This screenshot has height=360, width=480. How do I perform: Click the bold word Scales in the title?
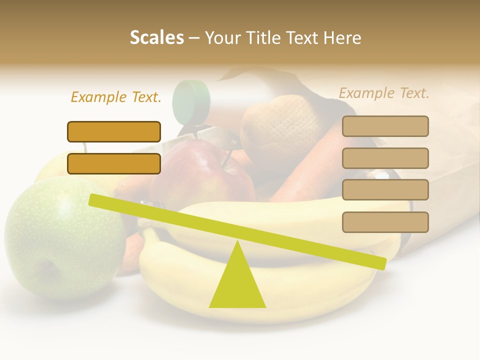tap(156, 38)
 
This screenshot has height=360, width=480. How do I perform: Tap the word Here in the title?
tap(343, 38)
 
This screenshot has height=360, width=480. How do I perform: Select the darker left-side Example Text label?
tap(116, 97)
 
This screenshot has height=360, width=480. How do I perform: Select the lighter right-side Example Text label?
tap(384, 93)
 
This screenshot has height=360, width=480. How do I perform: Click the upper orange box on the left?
tap(114, 131)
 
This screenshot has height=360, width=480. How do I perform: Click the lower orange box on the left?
tap(114, 163)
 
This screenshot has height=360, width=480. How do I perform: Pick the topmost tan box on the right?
tap(385, 126)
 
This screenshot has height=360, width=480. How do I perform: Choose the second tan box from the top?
tap(385, 158)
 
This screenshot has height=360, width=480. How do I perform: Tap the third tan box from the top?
tap(385, 190)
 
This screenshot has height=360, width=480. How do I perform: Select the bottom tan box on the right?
tap(385, 222)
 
